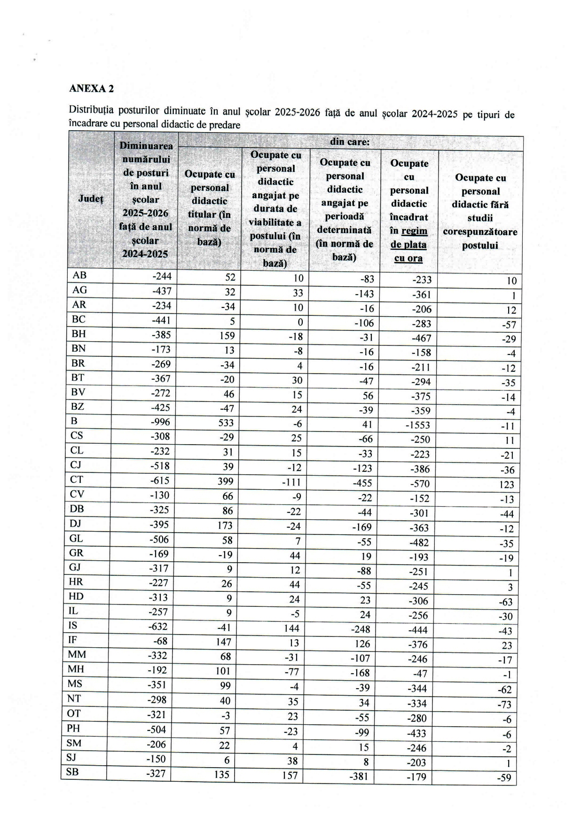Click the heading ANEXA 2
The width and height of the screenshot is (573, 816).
pos(91,88)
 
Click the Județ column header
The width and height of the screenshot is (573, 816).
pos(91,199)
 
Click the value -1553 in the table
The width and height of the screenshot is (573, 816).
pos(417,425)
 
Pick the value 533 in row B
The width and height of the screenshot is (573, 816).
pos(225,423)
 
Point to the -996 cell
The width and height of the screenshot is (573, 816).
pos(160,422)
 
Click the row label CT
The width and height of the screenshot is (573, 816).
pos(77,479)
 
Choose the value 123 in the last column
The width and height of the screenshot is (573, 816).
pos(507,485)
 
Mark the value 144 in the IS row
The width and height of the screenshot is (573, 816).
pos(292,628)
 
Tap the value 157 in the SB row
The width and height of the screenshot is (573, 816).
pos(290,775)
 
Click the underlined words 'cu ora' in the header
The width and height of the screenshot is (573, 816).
pos(408,258)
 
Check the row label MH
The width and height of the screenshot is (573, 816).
pos(76,669)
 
